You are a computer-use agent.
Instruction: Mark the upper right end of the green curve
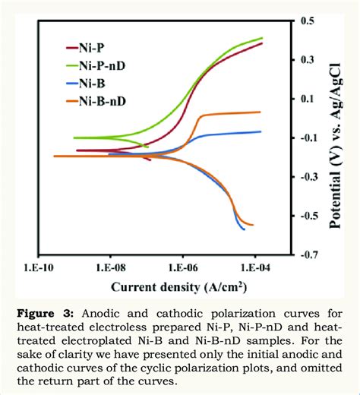pos(262,38)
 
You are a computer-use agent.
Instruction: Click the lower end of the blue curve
pos(244,229)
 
